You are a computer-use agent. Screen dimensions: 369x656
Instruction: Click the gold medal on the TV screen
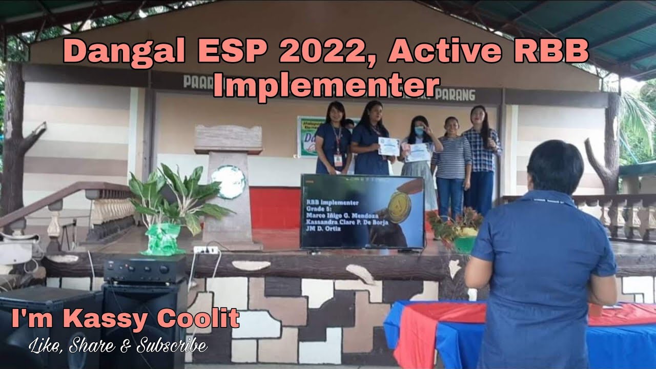399,207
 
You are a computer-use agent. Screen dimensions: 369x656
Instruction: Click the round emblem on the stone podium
228,181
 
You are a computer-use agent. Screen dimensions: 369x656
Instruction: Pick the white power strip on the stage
206,250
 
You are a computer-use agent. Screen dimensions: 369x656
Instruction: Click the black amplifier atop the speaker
145,270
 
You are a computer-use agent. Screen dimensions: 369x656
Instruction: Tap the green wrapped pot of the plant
163,240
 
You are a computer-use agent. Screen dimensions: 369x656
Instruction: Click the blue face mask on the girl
419,131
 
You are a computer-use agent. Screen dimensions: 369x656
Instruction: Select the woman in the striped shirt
451,164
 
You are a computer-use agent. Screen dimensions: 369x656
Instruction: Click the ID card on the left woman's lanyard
338,159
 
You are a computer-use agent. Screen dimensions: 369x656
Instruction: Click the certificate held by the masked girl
418,152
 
